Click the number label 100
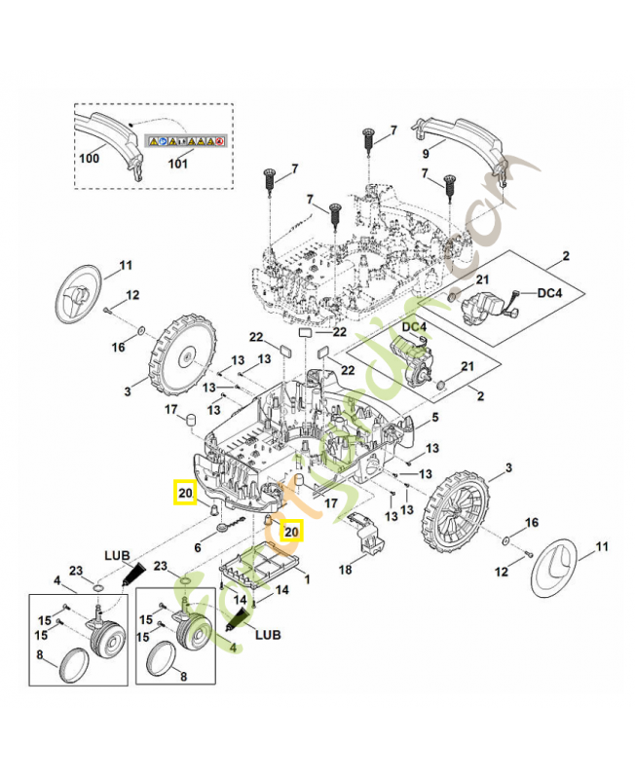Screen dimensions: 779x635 pyautogui.click(x=90, y=158)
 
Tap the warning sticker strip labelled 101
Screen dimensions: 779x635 pyautogui.click(x=185, y=141)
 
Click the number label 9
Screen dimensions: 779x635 pyautogui.click(x=425, y=154)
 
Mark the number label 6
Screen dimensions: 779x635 pyautogui.click(x=200, y=548)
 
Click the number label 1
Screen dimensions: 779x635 pyautogui.click(x=309, y=579)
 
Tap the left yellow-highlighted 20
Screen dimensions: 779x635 pyautogui.click(x=183, y=492)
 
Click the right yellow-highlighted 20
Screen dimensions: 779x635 pyautogui.click(x=291, y=531)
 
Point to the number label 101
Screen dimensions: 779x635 pyautogui.click(x=177, y=165)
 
